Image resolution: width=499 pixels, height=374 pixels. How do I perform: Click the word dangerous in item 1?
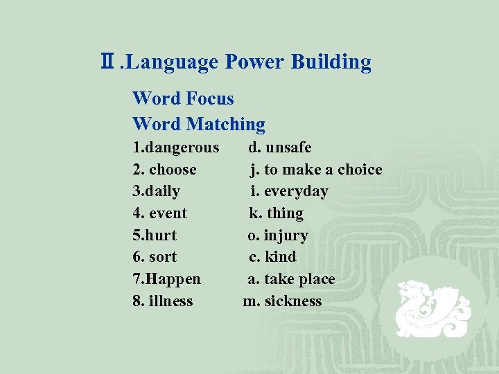(x=181, y=148)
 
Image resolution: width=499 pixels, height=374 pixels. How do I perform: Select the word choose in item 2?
(x=173, y=170)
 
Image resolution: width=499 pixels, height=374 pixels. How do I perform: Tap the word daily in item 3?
(x=164, y=191)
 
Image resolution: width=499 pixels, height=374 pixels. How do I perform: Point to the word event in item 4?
(x=168, y=213)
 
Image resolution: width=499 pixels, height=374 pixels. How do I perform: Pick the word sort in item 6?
(x=163, y=257)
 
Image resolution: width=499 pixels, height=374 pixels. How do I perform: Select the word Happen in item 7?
(x=173, y=279)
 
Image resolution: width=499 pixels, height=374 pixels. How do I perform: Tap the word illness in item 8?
(x=170, y=301)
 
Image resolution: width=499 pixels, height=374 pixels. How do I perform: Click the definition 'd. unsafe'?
(x=280, y=148)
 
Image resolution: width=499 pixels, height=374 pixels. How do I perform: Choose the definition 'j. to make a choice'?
(x=316, y=170)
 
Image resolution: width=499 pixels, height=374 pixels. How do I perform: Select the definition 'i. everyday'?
(x=289, y=191)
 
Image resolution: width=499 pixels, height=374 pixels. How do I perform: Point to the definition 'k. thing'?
(x=277, y=213)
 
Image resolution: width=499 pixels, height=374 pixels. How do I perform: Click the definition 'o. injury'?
(x=278, y=235)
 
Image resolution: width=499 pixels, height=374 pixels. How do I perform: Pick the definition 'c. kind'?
(x=273, y=257)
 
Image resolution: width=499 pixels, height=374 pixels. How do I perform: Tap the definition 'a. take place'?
(x=292, y=279)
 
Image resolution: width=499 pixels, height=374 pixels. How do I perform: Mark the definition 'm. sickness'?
(x=283, y=301)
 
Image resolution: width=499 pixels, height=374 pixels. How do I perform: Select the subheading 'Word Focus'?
(x=183, y=99)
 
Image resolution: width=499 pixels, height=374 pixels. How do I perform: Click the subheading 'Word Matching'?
(x=199, y=125)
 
